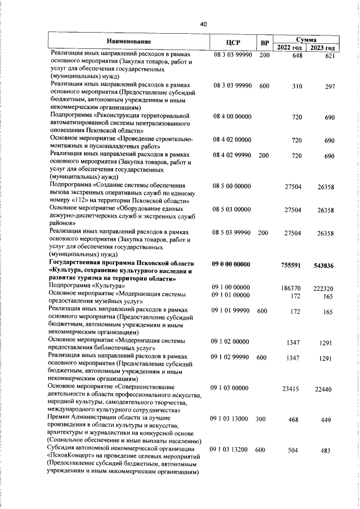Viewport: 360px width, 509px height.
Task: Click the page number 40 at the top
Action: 203,24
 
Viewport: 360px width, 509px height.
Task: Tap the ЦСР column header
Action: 232,43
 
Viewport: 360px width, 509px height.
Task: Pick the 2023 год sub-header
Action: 326,47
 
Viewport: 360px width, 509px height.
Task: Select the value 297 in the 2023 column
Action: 330,86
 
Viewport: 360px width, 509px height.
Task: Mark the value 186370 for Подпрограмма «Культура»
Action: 292,287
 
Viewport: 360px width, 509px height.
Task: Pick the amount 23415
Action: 294,389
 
